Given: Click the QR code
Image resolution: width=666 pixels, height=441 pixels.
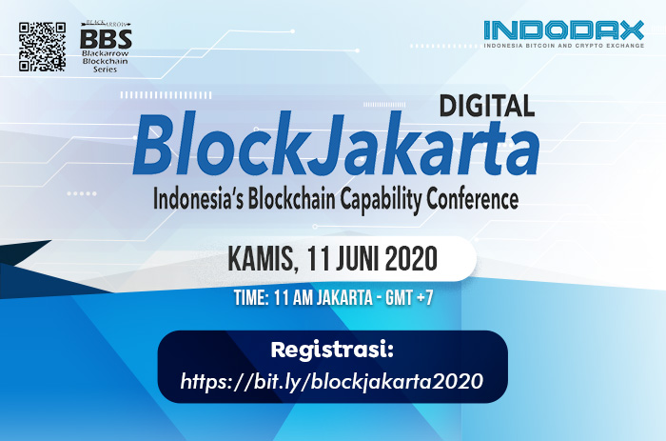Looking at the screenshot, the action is pyautogui.click(x=42, y=47).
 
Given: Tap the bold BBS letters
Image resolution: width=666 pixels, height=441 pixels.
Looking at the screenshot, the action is pyautogui.click(x=106, y=39).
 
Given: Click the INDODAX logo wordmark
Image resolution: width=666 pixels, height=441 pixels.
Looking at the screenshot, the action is pyautogui.click(x=563, y=30).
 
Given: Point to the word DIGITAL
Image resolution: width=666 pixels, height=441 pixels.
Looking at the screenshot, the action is pyautogui.click(x=487, y=106).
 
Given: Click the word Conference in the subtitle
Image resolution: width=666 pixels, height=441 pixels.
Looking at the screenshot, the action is pyautogui.click(x=472, y=199).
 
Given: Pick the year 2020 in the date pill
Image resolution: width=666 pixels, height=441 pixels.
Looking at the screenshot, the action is pyautogui.click(x=411, y=258).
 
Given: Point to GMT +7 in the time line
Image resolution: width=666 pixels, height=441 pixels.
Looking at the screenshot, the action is pyautogui.click(x=409, y=298).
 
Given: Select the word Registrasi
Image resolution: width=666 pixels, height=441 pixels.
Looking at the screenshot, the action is pyautogui.click(x=332, y=350).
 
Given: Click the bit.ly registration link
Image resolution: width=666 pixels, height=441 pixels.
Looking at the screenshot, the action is pyautogui.click(x=332, y=381).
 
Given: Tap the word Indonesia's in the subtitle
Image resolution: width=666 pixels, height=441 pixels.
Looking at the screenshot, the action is pyautogui.click(x=198, y=199).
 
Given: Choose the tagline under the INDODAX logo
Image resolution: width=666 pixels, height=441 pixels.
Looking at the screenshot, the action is pyautogui.click(x=563, y=45).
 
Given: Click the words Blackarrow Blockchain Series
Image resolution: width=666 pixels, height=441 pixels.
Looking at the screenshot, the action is pyautogui.click(x=105, y=61).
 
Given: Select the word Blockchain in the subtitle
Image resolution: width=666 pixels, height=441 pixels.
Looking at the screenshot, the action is pyautogui.click(x=292, y=199).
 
